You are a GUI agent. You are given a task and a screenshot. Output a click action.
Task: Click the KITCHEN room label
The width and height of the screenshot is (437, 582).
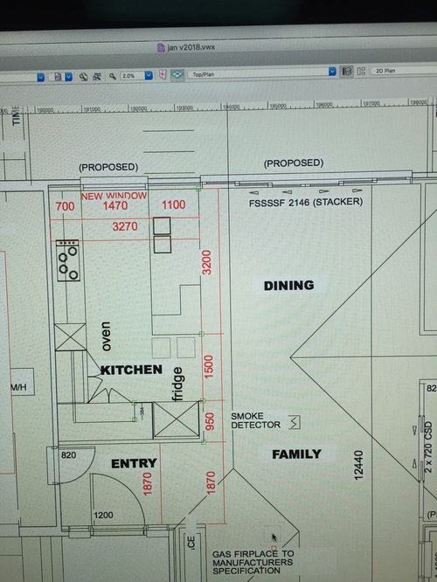[131, 370]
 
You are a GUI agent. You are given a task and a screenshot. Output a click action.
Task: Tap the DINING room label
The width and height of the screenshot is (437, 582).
[288, 285]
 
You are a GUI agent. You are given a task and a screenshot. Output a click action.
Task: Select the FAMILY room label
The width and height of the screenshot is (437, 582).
[295, 454]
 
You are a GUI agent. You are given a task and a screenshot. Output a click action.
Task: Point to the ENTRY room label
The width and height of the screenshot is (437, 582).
[133, 463]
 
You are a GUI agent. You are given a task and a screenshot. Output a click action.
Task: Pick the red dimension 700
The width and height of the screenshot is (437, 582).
[65, 206]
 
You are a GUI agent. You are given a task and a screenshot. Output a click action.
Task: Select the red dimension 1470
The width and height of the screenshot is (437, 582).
[115, 206]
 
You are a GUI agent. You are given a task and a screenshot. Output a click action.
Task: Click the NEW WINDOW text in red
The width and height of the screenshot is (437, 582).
[113, 196]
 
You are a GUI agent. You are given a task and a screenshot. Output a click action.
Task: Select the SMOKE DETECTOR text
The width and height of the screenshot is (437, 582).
[255, 420]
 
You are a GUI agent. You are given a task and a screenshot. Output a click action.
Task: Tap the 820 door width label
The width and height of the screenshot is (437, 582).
[70, 455]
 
